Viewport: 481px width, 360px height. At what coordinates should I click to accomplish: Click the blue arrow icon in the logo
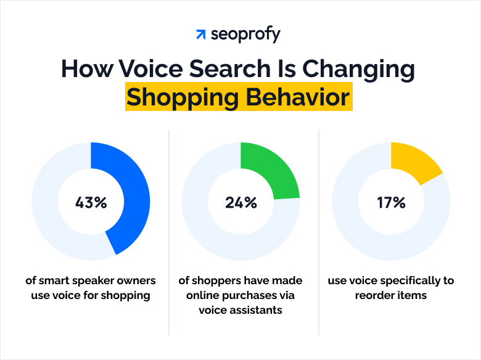tap(200, 35)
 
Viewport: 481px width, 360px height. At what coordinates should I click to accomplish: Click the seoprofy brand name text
tap(245, 35)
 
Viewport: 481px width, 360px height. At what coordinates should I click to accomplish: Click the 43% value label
tap(91, 202)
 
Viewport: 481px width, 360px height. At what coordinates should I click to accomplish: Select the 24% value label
tap(240, 202)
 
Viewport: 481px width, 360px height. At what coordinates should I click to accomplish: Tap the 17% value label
tap(391, 202)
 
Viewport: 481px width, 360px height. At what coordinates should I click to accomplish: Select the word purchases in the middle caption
tap(258, 295)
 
